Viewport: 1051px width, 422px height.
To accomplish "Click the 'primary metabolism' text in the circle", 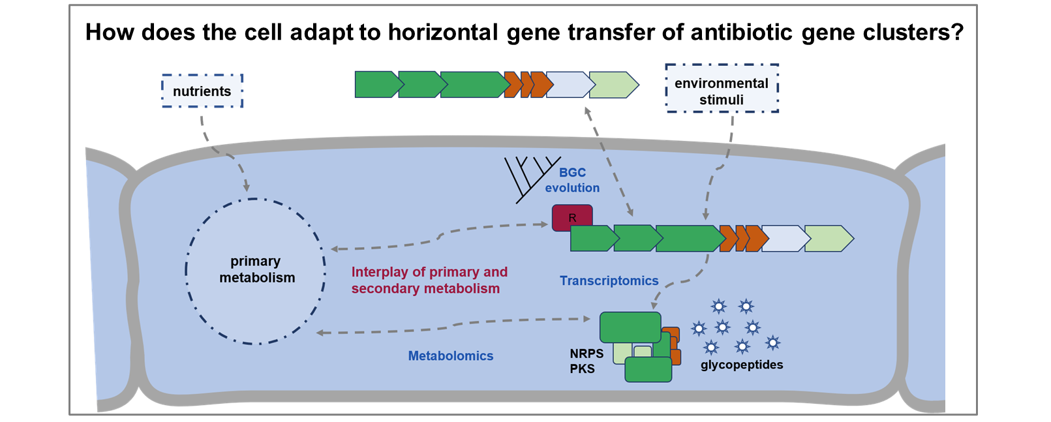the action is pos(256,269).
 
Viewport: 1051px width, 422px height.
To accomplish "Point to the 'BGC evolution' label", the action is pos(572,180).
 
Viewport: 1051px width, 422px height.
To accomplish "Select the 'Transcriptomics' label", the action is pos(609,280).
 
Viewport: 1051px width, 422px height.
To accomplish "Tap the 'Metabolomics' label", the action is pos(450,356).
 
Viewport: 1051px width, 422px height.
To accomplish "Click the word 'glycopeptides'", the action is pos(742,365).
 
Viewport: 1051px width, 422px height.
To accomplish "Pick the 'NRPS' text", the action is pos(586,354).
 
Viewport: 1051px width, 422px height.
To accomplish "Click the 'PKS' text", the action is pos(582,369).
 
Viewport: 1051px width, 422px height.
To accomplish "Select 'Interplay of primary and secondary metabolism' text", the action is pos(429,280).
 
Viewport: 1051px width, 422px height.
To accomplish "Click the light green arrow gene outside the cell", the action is pos(614,85).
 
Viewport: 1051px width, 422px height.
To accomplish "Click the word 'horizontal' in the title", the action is pos(443,33).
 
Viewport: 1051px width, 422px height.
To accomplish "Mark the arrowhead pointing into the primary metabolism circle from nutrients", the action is pos(247,187).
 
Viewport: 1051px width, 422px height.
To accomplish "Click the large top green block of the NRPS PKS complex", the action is pos(630,327).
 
